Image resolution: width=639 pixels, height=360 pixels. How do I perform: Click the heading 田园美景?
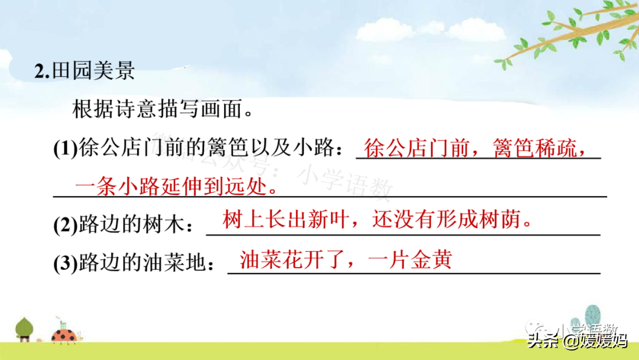coord(93,71)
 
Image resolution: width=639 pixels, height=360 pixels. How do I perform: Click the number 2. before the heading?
coord(42,72)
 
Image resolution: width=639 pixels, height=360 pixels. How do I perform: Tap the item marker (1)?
coord(65,149)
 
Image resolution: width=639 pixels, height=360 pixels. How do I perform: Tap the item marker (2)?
coord(65,225)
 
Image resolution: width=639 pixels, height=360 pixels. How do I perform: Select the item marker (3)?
coord(65,263)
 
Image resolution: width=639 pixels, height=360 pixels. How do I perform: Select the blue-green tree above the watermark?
coord(592,316)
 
